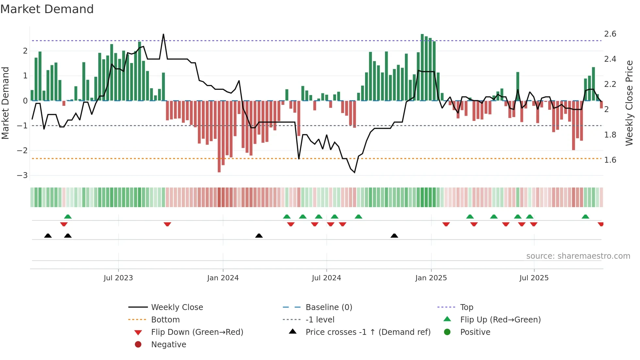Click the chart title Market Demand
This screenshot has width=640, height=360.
coord(47,9)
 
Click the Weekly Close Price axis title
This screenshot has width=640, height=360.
coord(629,103)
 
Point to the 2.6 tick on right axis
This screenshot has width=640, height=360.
coord(610,34)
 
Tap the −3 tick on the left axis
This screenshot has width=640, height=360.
coord(22,175)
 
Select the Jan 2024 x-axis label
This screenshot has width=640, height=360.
coord(223,278)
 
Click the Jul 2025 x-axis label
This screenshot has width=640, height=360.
coord(534,278)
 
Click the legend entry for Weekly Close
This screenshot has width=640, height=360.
coord(177,307)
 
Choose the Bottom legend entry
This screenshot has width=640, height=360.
coord(165,320)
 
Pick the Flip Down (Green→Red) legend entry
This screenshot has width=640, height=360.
coord(197,332)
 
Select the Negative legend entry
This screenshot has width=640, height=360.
coord(168,345)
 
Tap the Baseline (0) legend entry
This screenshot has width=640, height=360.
coord(328,307)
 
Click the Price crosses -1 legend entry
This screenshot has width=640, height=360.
coord(368,332)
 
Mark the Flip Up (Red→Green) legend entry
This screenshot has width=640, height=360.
coord(500,320)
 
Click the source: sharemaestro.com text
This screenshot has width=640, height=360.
coord(578,256)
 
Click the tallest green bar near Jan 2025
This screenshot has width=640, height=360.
coord(422,67)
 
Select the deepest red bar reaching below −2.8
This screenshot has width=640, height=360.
coord(219,137)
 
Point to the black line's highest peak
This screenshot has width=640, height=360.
coord(163,35)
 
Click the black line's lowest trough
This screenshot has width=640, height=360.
coord(355,172)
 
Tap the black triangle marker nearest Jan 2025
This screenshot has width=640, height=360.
coord(394,236)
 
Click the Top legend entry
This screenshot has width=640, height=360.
coord(466,307)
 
